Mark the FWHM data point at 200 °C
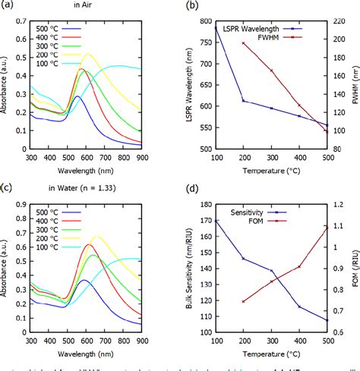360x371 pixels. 243,43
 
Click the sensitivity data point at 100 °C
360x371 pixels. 216,221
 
